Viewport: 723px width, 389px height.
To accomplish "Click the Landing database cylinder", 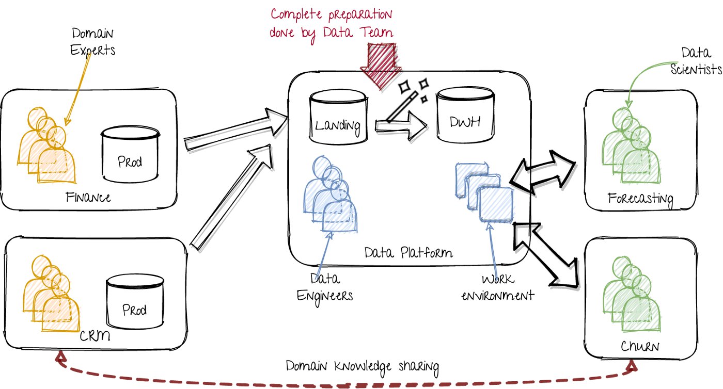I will (x=338, y=118).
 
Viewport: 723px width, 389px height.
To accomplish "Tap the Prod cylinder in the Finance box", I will (x=130, y=155).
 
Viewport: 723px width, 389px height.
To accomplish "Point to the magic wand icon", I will (x=406, y=104).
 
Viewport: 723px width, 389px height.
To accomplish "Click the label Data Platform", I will (x=408, y=253).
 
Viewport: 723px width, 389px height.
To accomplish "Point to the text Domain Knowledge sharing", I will (x=363, y=367).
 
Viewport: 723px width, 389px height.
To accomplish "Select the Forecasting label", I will (x=640, y=198).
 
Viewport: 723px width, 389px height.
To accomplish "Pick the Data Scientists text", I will (x=695, y=61).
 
